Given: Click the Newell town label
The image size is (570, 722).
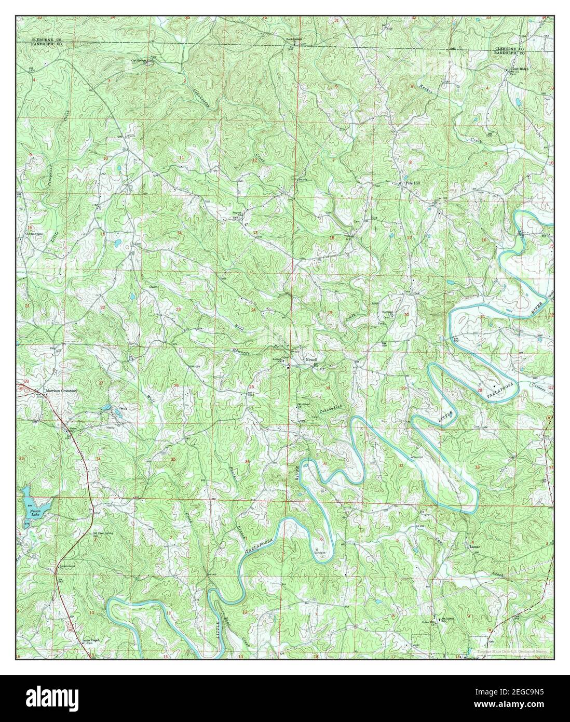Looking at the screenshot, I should pyautogui.click(x=311, y=359).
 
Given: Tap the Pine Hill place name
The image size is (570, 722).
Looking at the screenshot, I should pyautogui.click(x=412, y=183).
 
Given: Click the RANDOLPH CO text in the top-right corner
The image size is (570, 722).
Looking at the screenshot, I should pyautogui.click(x=508, y=53).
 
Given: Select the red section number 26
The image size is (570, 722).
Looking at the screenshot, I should pyautogui.click(x=177, y=385).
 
